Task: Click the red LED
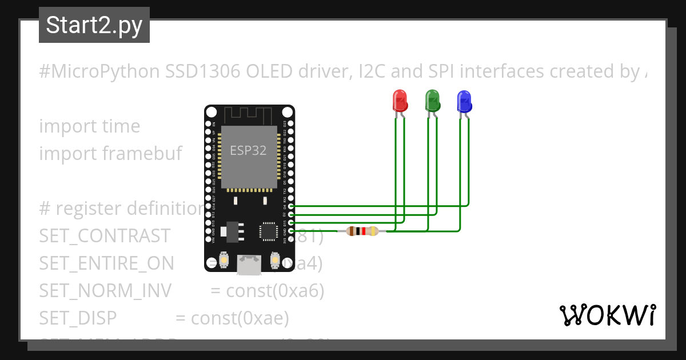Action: pos(399,101)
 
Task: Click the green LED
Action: pos(432,101)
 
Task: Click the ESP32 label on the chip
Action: pos(248,151)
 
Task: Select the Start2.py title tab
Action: pos(94,26)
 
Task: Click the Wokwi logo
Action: pos(607,315)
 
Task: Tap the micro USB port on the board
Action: pos(249,263)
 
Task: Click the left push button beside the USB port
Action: pos(225,261)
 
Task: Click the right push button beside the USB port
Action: pos(274,261)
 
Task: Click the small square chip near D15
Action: pos(268,231)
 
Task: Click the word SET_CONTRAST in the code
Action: pos(105,236)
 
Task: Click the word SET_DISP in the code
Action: pos(78,318)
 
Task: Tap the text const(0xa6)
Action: pos(275,291)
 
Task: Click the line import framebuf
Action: pos(110,154)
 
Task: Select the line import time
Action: pos(89,126)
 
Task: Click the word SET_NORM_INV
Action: pos(105,291)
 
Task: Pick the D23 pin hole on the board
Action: pos(291,123)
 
